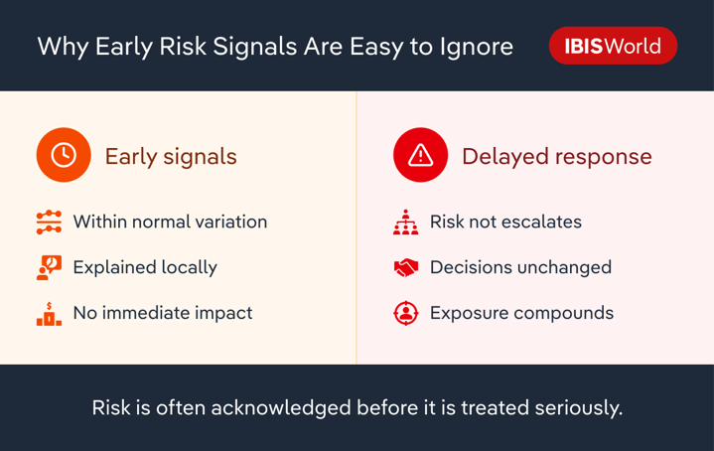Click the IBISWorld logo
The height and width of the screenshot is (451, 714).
613,46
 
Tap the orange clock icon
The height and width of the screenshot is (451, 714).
64,156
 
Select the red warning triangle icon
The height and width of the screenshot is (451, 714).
421,156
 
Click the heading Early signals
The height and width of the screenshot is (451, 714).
171,156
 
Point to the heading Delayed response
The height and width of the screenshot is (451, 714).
556,156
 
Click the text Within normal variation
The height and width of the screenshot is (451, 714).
170,222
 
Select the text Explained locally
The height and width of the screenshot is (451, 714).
145,267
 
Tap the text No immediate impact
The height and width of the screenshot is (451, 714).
163,313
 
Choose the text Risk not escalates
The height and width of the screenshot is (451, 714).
505,222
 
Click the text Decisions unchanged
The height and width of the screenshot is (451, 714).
520,267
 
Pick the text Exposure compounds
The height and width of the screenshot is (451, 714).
521,313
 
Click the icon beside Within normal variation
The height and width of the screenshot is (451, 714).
49,222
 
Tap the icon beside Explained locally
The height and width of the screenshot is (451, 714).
49,267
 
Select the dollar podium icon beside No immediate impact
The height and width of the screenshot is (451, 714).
49,313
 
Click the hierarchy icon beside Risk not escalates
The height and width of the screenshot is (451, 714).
405,222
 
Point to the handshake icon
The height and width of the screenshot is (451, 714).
405,267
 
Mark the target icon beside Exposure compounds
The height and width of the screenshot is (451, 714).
405,313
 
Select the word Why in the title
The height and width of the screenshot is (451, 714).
63,47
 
